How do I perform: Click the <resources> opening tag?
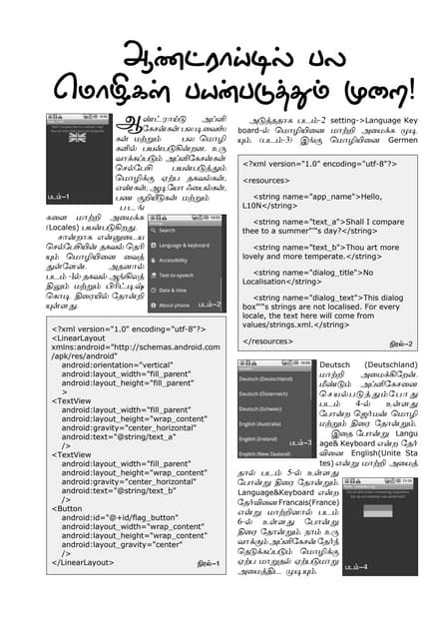(268, 181)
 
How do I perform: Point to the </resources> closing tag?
(270, 341)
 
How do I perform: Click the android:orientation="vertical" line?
(118, 365)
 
